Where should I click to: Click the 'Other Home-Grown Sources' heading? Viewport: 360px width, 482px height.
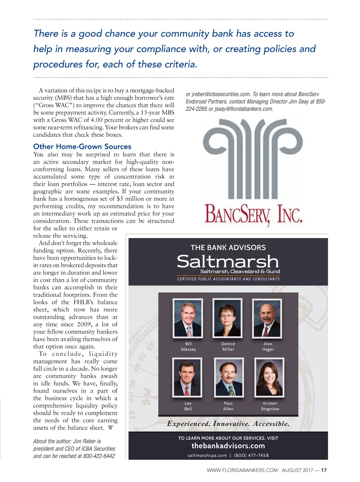click(82, 147)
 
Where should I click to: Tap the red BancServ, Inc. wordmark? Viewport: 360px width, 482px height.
click(253, 214)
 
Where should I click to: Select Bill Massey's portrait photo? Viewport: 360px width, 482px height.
click(188, 318)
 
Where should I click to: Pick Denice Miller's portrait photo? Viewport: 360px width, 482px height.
click(228, 318)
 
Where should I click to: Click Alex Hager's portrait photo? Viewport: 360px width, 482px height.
click(267, 318)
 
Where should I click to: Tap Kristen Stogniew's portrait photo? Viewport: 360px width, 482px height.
click(269, 377)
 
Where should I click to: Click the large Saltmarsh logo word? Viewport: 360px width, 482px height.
click(228, 261)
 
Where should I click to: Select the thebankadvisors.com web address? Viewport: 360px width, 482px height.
click(228, 446)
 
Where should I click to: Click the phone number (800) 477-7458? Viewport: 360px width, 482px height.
click(251, 455)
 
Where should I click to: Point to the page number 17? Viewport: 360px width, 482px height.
click(324, 470)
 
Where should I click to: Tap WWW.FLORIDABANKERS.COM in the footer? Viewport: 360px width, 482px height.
click(242, 470)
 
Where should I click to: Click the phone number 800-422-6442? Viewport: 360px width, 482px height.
click(99, 456)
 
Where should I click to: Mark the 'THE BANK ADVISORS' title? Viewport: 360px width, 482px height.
click(228, 248)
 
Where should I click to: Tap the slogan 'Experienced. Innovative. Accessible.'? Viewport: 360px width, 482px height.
click(228, 424)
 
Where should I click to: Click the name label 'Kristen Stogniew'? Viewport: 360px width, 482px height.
click(270, 406)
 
